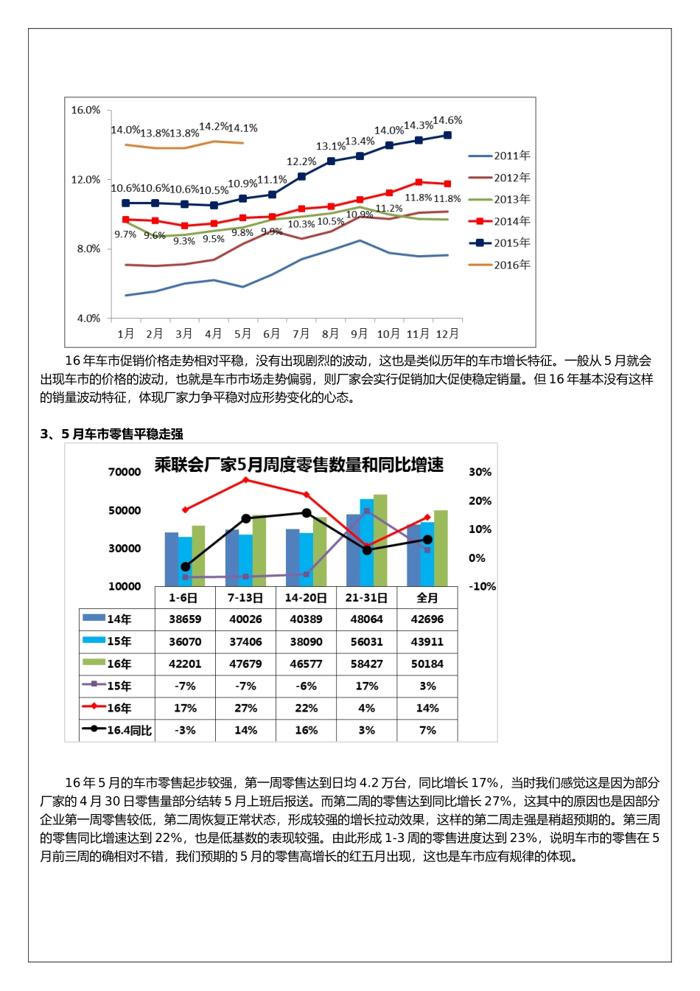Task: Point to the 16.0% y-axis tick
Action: pos(85,110)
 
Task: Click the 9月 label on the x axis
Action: pos(359,334)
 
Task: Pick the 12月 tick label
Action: pos(447,334)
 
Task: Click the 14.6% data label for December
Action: pos(447,120)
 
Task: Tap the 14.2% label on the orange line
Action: pos(214,127)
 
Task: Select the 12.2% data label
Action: pos(301,161)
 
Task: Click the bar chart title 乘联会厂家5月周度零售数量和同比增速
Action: pos(298,465)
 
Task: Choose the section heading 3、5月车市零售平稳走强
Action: pos(111,434)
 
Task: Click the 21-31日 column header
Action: pos(366,598)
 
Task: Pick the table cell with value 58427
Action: pos(366,664)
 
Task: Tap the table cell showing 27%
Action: pos(245,708)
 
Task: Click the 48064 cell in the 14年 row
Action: pos(366,619)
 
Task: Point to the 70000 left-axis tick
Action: pos(125,472)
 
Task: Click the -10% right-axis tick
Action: pos(483,586)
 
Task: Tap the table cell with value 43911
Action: pos(427,641)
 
